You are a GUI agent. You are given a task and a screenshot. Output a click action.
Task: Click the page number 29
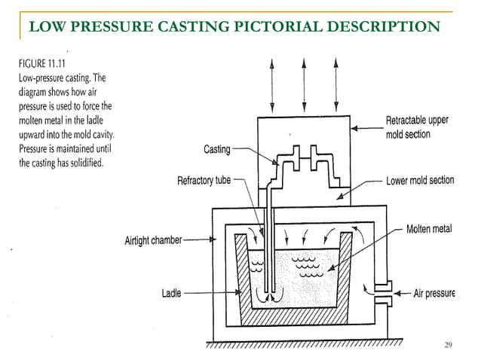click(449, 345)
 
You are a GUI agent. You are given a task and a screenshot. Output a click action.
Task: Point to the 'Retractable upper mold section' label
click(418, 127)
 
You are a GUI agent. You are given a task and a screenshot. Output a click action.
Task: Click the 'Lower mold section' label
click(419, 182)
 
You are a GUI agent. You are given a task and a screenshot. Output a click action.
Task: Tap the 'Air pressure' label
click(435, 292)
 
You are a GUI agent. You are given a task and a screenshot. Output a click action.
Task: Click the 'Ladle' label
click(171, 292)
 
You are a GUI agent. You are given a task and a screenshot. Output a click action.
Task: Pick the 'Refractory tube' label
click(204, 181)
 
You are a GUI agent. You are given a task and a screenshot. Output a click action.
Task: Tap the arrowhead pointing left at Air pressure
click(397, 292)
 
